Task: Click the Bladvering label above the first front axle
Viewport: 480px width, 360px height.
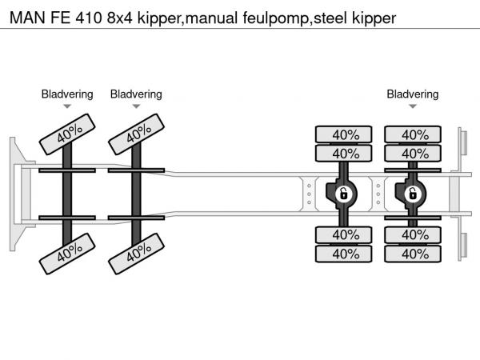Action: click(x=67, y=94)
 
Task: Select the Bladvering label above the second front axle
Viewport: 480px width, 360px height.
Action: click(x=136, y=94)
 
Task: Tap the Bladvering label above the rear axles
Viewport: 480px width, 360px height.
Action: click(x=413, y=94)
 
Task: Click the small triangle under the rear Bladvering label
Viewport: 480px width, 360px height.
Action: click(x=413, y=106)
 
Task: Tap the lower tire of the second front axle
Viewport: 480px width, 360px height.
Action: click(x=136, y=255)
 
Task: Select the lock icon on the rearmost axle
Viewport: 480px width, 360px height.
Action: click(x=414, y=194)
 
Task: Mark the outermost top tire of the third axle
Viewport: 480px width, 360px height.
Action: click(x=345, y=134)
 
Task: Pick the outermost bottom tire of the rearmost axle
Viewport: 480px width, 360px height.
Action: click(x=414, y=254)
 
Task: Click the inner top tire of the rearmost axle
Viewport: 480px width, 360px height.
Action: click(x=414, y=154)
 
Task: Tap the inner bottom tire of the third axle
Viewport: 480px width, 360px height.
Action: click(x=345, y=234)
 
